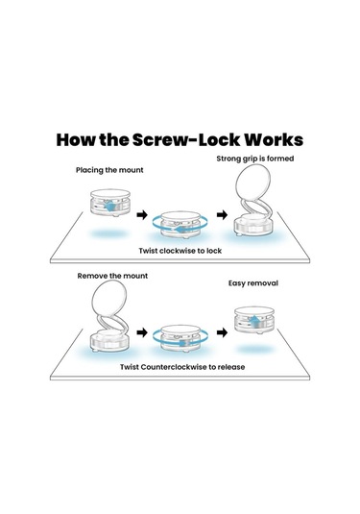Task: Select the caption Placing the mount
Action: pyautogui.click(x=109, y=170)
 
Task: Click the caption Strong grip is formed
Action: pyautogui.click(x=254, y=159)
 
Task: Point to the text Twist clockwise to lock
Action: pyautogui.click(x=180, y=251)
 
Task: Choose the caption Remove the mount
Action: pyautogui.click(x=112, y=276)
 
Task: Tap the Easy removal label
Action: pyautogui.click(x=252, y=283)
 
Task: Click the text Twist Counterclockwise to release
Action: pyautogui.click(x=182, y=367)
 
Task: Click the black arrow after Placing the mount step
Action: pyautogui.click(x=142, y=215)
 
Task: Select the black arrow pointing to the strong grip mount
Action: pyautogui.click(x=222, y=215)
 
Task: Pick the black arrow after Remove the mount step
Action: pyautogui.click(x=142, y=332)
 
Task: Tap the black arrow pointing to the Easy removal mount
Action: pyautogui.click(x=222, y=332)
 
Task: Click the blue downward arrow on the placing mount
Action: pyautogui.click(x=110, y=207)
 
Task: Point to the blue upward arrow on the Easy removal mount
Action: pyautogui.click(x=254, y=319)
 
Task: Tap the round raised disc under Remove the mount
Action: pyautogui.click(x=109, y=298)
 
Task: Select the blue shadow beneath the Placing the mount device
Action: pyautogui.click(x=109, y=233)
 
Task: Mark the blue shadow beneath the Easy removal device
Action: pyautogui.click(x=254, y=349)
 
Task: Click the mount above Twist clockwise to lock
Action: pyautogui.click(x=180, y=225)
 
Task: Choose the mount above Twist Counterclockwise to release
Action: pyautogui.click(x=180, y=338)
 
